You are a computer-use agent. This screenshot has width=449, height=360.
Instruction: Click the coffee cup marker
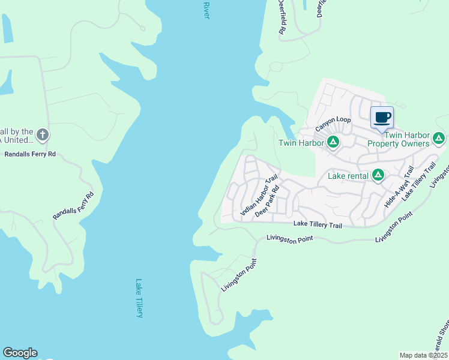(x=382, y=117)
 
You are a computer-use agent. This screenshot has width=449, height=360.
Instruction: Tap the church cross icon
(x=42, y=135)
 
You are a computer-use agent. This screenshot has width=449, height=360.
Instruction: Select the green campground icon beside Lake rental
(x=378, y=175)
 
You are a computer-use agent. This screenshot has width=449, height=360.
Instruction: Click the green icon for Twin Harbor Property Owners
(x=439, y=139)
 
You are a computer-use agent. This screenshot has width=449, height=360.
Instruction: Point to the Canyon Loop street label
(x=333, y=124)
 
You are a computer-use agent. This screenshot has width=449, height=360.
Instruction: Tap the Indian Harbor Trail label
(x=259, y=196)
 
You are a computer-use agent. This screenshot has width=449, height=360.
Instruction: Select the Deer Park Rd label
(x=268, y=205)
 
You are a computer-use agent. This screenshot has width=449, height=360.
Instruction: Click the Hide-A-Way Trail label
(x=399, y=187)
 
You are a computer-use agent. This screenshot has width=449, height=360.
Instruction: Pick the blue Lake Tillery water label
(x=139, y=298)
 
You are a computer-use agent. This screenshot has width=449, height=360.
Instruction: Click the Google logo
(x=20, y=353)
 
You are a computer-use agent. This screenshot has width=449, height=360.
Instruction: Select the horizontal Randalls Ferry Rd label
(x=30, y=154)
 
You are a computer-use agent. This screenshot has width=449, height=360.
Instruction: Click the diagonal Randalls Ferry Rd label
(x=74, y=205)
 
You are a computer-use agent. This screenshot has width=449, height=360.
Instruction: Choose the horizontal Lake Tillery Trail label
(x=318, y=224)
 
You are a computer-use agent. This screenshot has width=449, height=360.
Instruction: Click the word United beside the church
(x=16, y=140)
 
